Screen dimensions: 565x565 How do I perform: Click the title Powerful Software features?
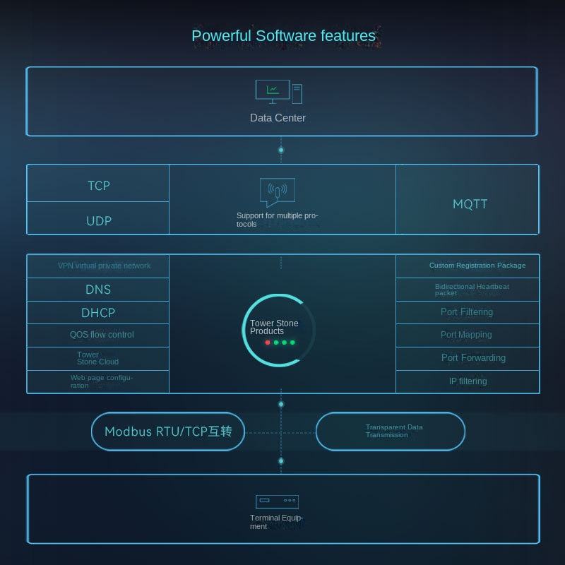[283, 36]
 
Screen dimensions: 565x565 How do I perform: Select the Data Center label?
[278, 118]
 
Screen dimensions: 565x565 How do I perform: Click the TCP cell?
[99, 186]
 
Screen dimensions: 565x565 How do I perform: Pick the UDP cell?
[99, 221]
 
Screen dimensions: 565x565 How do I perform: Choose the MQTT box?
[470, 204]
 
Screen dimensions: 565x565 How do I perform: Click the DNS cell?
[98, 290]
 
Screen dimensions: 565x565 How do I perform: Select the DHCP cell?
[98, 313]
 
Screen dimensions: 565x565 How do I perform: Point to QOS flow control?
[101, 335]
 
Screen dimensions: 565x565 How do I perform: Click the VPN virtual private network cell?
[104, 266]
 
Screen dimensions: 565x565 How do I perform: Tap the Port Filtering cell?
[467, 312]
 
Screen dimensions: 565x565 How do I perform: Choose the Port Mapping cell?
[466, 335]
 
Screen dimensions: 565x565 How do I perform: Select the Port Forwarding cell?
[473, 358]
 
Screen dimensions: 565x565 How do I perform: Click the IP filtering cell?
[468, 381]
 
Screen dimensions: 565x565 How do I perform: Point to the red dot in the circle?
[268, 343]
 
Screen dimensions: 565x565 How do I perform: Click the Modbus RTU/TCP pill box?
[168, 432]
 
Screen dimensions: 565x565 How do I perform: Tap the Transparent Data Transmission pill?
[391, 432]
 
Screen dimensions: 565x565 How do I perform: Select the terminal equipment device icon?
[277, 501]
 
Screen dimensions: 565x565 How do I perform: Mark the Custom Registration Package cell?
[477, 266]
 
